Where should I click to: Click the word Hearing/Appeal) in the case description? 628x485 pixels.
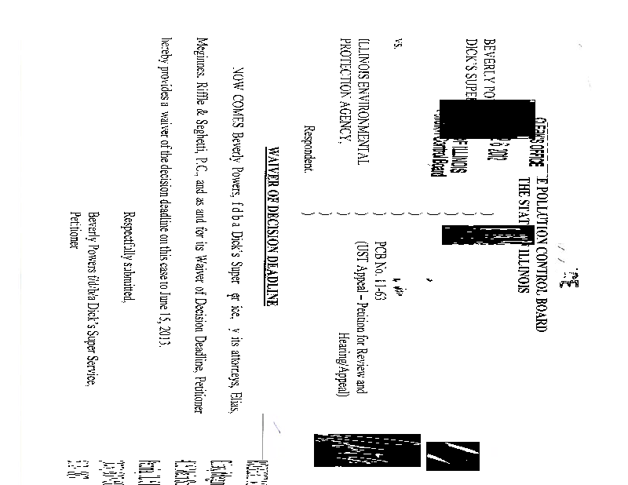(x=342, y=380)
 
